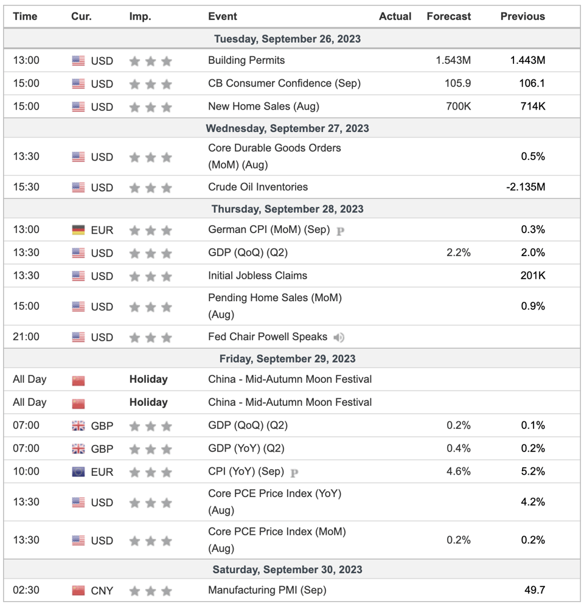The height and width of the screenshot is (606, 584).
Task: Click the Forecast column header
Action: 449,16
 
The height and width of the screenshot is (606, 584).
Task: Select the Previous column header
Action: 523,16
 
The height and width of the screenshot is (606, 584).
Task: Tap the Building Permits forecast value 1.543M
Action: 453,60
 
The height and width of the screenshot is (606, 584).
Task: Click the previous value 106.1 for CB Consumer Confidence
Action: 532,83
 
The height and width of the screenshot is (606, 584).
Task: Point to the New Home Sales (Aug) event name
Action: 263,106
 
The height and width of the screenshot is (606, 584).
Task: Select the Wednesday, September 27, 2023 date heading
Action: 287,128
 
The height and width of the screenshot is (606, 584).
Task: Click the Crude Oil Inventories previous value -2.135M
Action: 526,187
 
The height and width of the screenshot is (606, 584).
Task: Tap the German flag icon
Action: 78,230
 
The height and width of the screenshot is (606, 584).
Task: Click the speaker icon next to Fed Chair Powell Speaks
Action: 339,338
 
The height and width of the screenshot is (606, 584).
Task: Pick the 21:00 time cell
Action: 26,336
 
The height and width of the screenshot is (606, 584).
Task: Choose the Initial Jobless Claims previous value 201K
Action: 532,276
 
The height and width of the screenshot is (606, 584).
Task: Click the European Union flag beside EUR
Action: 78,472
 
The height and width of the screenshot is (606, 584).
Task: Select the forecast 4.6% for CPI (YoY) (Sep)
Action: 459,472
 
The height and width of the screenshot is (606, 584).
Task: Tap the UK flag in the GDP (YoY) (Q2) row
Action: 78,448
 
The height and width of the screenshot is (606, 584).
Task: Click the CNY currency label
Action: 102,591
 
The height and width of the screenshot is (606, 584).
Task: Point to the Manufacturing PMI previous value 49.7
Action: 535,590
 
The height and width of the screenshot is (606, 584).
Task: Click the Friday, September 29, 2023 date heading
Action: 287,358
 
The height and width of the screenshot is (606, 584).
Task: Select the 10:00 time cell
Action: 26,472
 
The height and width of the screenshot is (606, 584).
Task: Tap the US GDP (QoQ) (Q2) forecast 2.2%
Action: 459,252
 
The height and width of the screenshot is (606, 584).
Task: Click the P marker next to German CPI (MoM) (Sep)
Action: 340,231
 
